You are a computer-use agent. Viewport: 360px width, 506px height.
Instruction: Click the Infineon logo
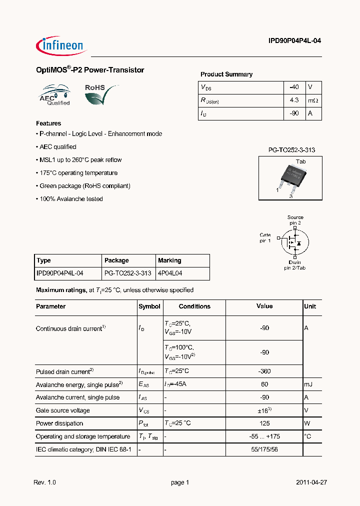[61, 45]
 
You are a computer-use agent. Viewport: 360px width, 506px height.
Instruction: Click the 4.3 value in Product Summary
[294, 100]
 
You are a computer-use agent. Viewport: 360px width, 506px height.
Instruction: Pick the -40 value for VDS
[294, 87]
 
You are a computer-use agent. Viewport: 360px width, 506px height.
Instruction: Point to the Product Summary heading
[226, 74]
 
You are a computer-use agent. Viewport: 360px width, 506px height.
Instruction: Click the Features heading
[48, 123]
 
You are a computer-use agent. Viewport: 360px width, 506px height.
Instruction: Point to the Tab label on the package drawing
[300, 162]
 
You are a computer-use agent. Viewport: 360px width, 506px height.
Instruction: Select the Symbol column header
[149, 306]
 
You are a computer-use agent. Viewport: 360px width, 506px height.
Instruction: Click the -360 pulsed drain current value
[264, 371]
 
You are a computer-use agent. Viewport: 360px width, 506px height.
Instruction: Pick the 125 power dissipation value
[264, 423]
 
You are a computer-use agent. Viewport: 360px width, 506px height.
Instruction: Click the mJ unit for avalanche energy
[308, 384]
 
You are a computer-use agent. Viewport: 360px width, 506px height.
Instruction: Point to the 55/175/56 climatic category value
[264, 449]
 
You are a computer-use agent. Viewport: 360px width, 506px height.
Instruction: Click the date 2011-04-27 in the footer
[311, 482]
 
